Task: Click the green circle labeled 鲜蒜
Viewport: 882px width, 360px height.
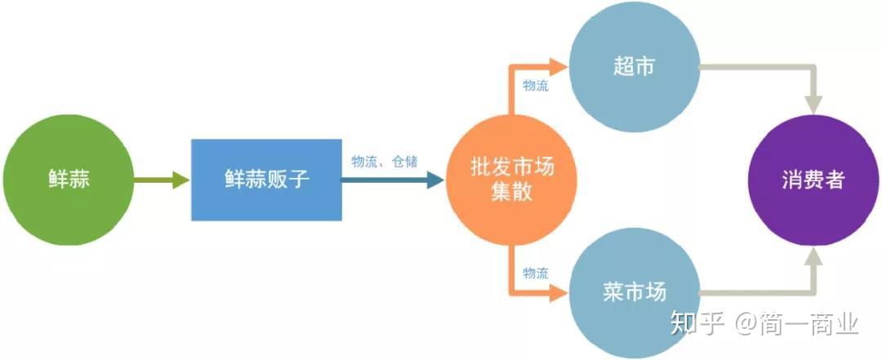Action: click(x=68, y=180)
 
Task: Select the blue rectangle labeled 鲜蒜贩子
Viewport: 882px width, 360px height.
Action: click(x=266, y=180)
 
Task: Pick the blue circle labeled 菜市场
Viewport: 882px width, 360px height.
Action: click(x=634, y=291)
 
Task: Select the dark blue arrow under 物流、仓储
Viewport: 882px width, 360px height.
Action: click(x=392, y=180)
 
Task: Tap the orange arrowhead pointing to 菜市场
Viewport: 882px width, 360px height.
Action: click(x=559, y=292)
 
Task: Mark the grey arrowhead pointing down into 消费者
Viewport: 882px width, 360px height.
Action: click(x=813, y=104)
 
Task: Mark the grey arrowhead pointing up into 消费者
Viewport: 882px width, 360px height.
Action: click(x=813, y=260)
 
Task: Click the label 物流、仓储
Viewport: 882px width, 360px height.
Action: click(x=384, y=162)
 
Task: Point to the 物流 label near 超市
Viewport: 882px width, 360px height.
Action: click(x=536, y=85)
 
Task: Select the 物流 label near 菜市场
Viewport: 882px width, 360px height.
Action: click(x=536, y=273)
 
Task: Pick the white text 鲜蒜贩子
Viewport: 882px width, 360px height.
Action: click(x=266, y=180)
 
